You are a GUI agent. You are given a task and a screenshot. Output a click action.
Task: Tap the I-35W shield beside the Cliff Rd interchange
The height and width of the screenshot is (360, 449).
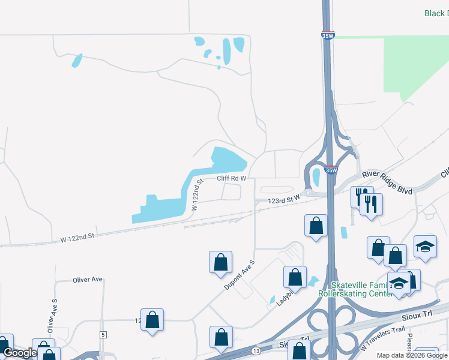click(x=330, y=170)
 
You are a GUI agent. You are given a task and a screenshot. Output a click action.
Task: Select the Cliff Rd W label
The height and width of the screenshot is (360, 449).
click(x=232, y=178)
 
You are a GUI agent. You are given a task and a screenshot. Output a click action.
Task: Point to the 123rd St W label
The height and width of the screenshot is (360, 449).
click(x=283, y=201)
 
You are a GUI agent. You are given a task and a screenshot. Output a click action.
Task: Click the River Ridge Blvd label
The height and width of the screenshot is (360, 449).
click(x=387, y=182)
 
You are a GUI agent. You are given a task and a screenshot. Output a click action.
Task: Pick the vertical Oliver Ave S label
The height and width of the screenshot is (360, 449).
click(x=53, y=315)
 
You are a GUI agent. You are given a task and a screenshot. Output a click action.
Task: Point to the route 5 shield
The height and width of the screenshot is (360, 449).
click(x=103, y=334)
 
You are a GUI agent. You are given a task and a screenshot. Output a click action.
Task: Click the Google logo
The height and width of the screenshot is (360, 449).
click(x=20, y=353)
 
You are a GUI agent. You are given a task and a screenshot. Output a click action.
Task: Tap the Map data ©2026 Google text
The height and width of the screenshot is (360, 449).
click(x=412, y=355)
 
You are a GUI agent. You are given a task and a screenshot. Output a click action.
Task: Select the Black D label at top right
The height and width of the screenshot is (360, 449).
click(x=436, y=13)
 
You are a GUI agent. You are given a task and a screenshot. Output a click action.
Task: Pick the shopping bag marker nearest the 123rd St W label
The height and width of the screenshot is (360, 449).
click(x=316, y=226)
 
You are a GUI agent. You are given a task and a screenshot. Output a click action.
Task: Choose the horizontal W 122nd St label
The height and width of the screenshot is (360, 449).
click(x=77, y=238)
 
